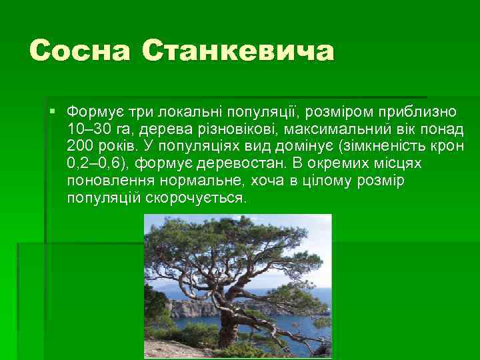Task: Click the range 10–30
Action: tap(91, 127)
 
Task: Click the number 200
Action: tap(80, 145)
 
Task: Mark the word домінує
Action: tap(300, 145)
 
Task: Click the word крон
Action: tap(450, 145)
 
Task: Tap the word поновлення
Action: tap(104, 181)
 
